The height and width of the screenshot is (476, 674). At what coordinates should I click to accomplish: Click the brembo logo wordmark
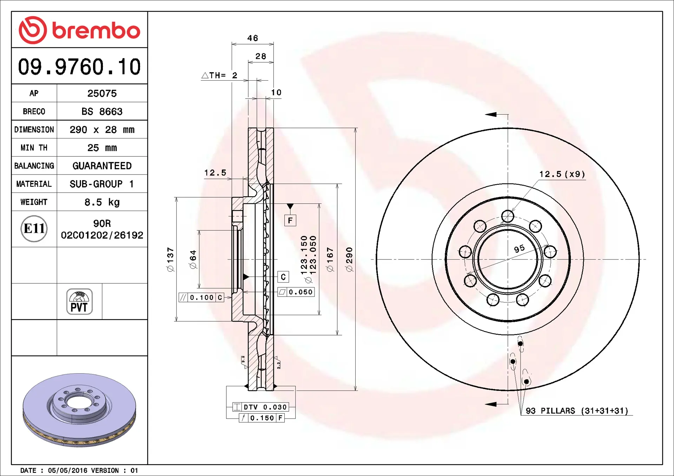[x=96, y=30]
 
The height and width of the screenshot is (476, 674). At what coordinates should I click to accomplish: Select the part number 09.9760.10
[x=79, y=67]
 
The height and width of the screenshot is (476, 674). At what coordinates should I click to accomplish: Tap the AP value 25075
[x=102, y=93]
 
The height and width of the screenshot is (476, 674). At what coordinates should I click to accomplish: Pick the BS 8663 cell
[x=102, y=111]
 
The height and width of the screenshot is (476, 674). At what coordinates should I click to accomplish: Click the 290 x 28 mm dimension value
[x=102, y=130]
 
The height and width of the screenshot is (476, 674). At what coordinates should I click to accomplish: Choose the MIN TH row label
[x=34, y=148]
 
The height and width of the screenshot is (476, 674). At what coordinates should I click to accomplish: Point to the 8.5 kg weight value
[x=102, y=202]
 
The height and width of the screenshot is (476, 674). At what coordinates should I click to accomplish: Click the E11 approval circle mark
[x=34, y=229]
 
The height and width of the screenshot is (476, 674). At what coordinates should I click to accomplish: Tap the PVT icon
[x=79, y=301]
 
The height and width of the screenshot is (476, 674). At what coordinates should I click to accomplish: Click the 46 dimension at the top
[x=253, y=38]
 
